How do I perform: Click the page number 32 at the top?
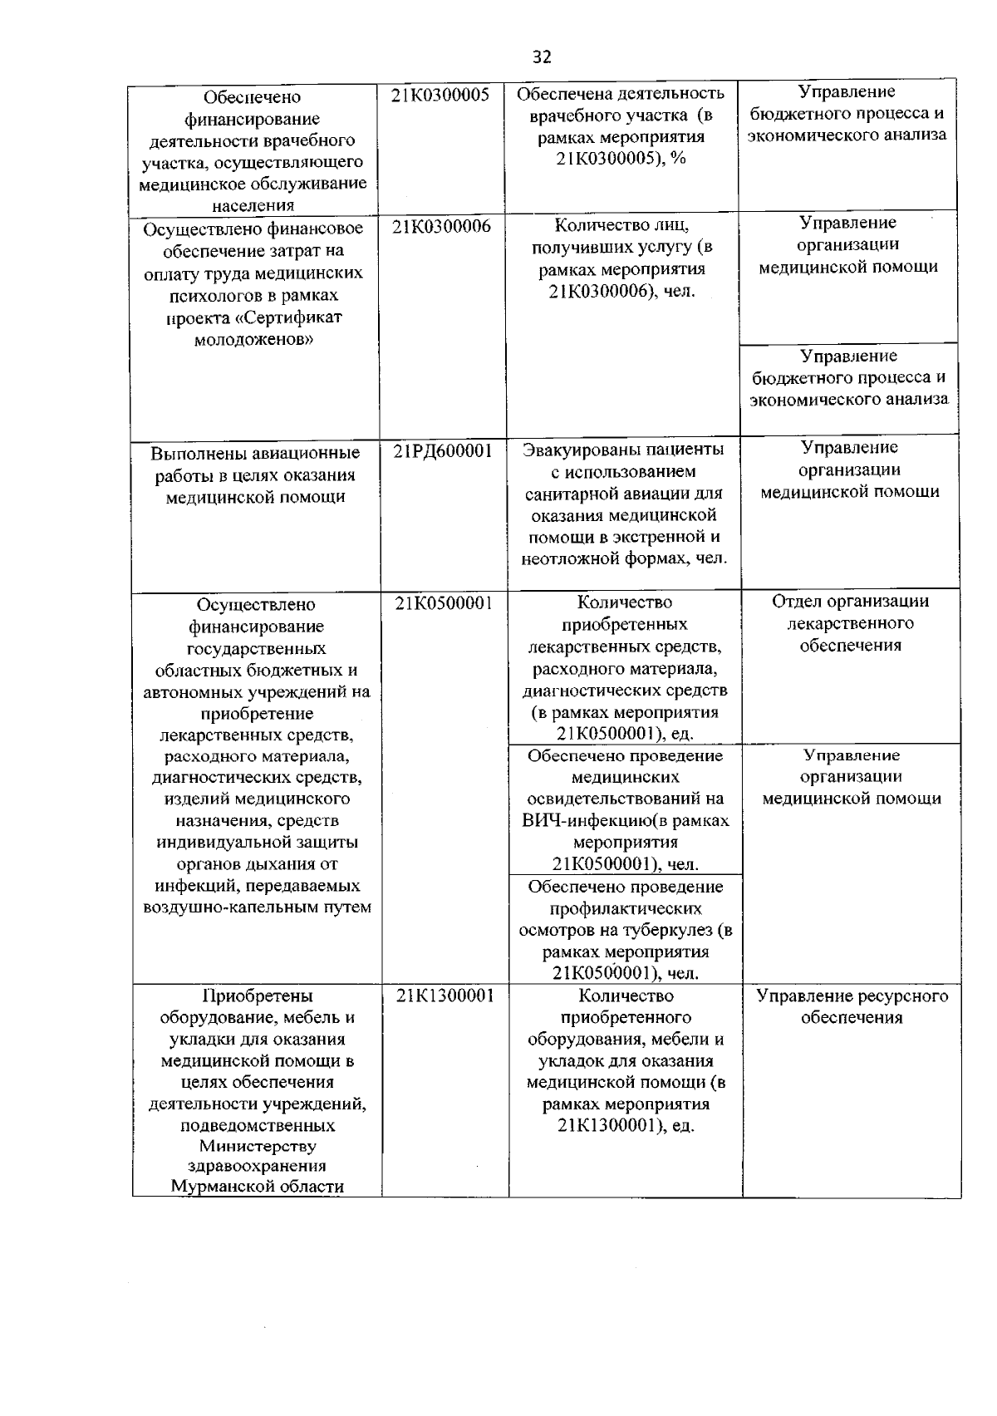click(x=541, y=57)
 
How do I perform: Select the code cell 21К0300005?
click(x=440, y=95)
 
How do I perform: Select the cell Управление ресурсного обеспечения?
click(x=852, y=1006)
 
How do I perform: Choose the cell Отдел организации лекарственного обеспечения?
click(x=850, y=623)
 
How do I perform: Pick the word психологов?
click(x=210, y=295)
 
